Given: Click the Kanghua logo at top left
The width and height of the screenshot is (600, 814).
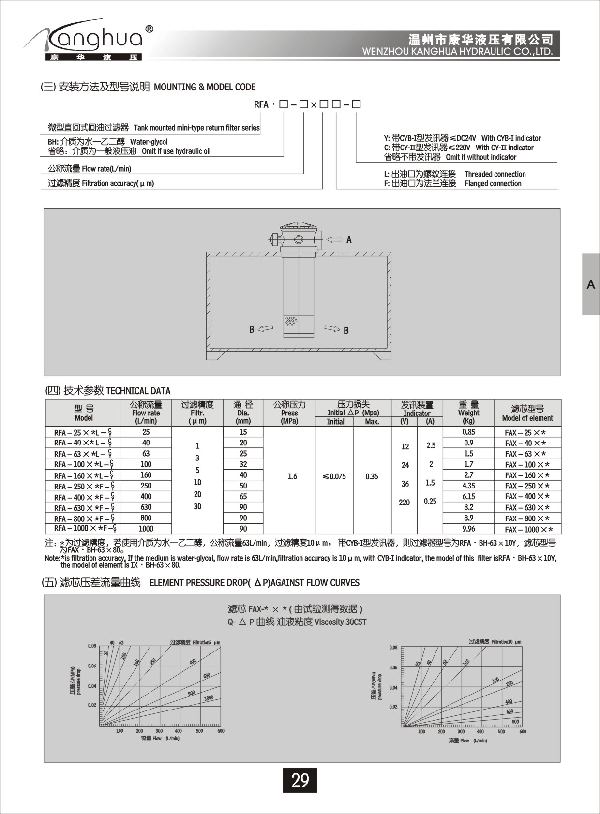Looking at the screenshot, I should pos(90,42).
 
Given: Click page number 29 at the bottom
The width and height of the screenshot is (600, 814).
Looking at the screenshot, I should pos(300,780).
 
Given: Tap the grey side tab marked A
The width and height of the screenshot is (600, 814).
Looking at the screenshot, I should pos(591,284).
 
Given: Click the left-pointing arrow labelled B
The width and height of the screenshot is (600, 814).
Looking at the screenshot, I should pos(265,329).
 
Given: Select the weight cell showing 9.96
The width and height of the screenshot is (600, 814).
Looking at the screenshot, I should pos(468,529).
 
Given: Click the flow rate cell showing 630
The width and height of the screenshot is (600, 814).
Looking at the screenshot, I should pos(146,507).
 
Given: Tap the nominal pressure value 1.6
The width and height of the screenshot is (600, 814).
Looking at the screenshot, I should pos(292,476).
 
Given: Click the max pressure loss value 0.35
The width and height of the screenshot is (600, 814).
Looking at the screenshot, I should pos(372,476).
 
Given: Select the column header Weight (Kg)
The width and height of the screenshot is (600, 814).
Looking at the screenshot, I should pos(468,413).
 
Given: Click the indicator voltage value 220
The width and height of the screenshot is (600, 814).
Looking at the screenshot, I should pos(404,503).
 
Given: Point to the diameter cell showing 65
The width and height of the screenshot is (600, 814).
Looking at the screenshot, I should pos(243,496).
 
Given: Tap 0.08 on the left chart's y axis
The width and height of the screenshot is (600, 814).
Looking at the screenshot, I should pos(92,646).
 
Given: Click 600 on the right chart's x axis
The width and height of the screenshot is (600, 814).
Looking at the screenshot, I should pos(523,732).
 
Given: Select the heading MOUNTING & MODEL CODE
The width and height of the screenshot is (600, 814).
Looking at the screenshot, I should pos(205,87).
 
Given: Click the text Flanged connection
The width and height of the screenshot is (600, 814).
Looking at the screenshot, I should pos(493,183).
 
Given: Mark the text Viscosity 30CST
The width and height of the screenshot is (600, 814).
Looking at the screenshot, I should pos(340,622).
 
